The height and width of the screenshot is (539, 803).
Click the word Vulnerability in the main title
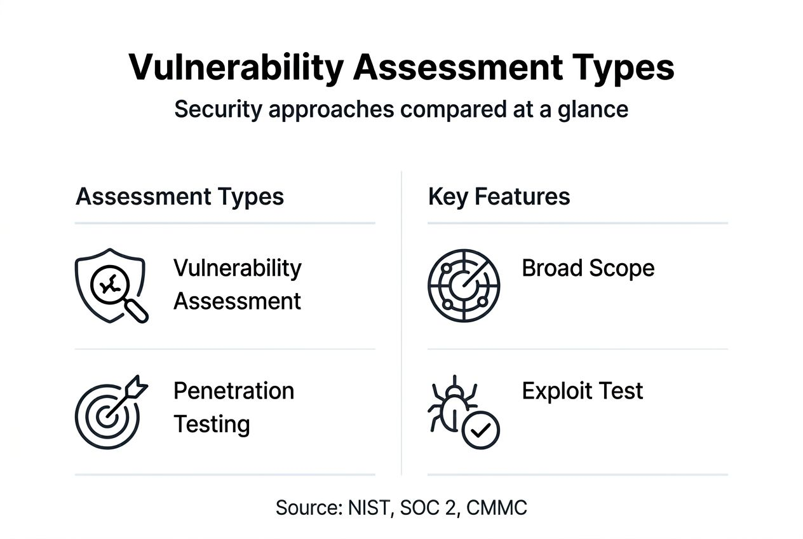[236, 67]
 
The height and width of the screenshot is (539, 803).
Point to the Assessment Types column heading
[180, 197]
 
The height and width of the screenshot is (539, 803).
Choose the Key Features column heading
[499, 197]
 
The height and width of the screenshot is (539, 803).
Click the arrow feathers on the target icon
[138, 386]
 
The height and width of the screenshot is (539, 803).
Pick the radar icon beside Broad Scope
[464, 285]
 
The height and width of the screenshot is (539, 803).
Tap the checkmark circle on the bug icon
[480, 430]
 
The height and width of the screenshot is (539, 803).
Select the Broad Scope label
[588, 268]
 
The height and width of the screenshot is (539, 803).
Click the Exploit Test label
[583, 391]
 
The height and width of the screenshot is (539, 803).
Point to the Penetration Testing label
[234, 407]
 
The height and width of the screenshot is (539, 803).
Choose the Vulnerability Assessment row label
[238, 284]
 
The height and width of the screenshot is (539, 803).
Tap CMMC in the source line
[497, 508]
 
